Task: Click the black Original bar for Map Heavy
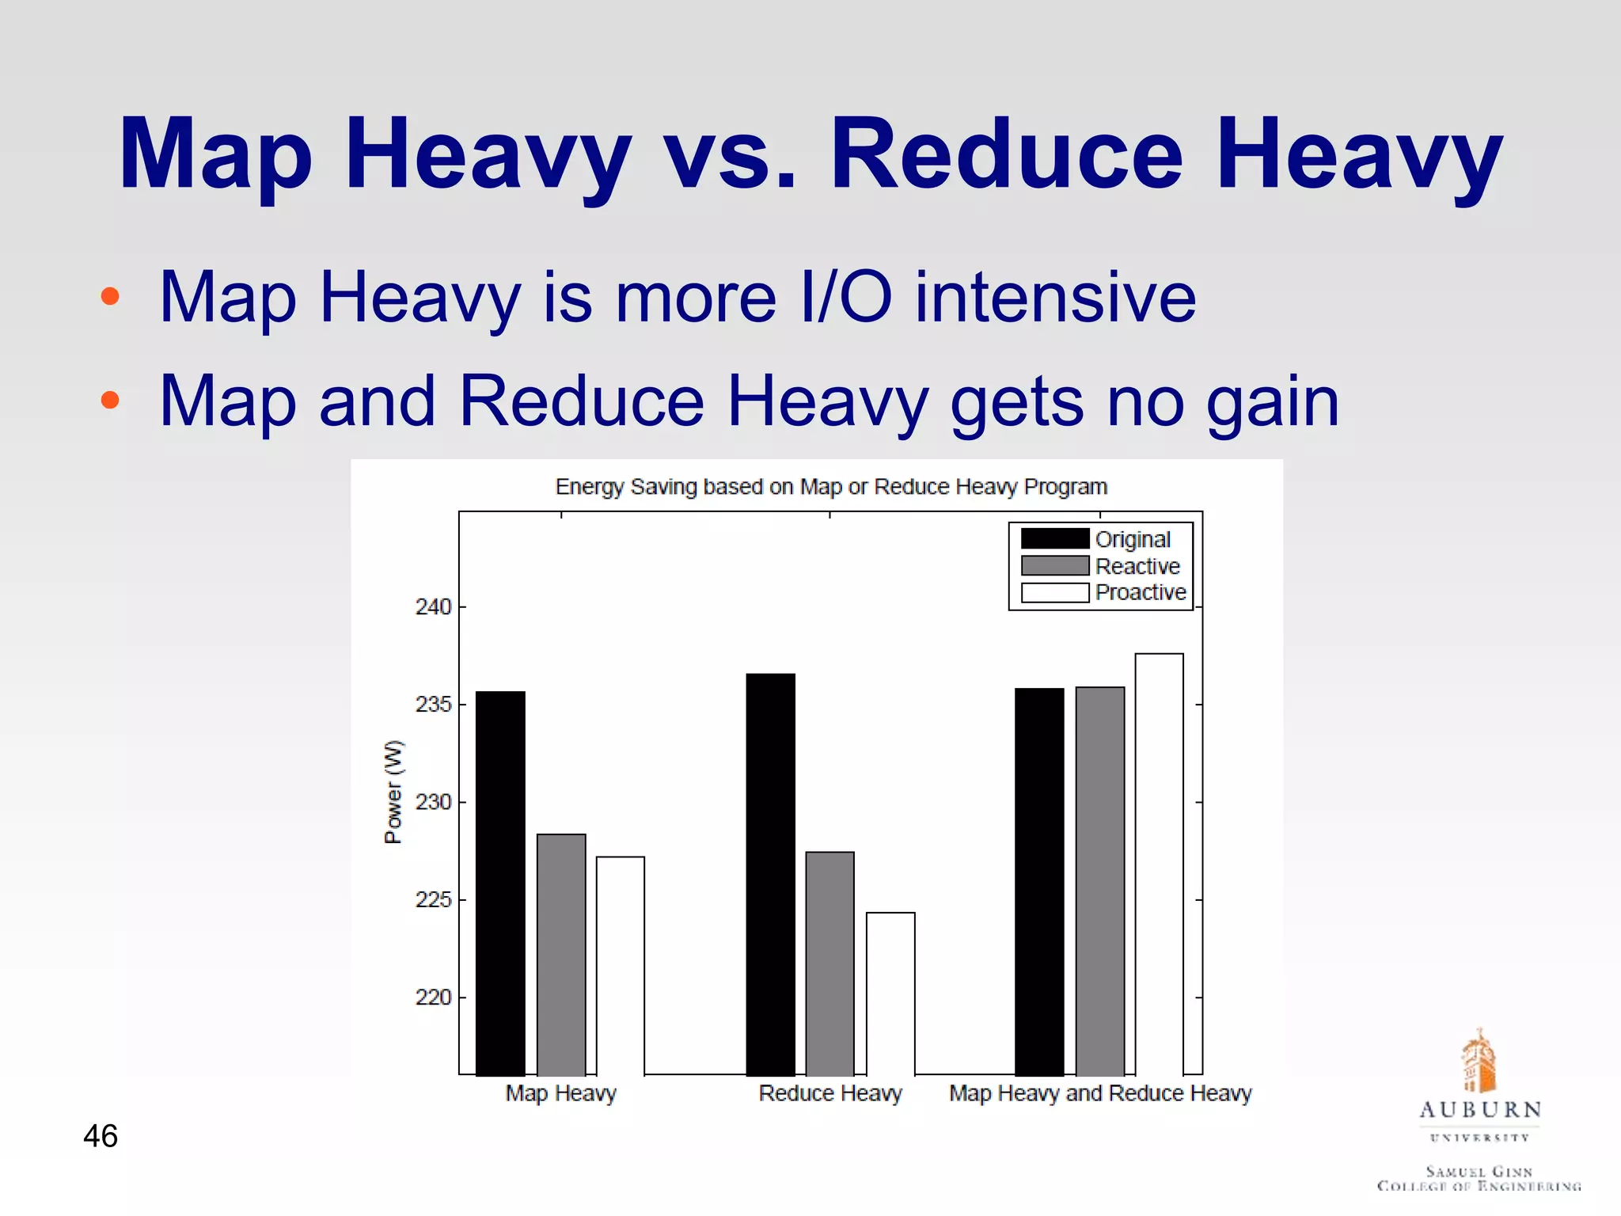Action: pyautogui.click(x=500, y=883)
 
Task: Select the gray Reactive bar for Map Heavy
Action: pyautogui.click(x=561, y=954)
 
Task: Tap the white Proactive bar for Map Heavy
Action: pyautogui.click(x=621, y=966)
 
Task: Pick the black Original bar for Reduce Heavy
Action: pyautogui.click(x=770, y=874)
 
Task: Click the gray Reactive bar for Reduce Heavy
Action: pyautogui.click(x=829, y=963)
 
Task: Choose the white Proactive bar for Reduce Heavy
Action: pyautogui.click(x=890, y=994)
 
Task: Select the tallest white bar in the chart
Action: pyautogui.click(x=1159, y=864)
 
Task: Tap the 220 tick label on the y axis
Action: pyautogui.click(x=433, y=997)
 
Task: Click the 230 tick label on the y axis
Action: pyautogui.click(x=433, y=802)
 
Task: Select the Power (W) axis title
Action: pyautogui.click(x=393, y=792)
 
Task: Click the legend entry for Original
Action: pyautogui.click(x=1132, y=539)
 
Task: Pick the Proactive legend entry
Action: pyautogui.click(x=1140, y=592)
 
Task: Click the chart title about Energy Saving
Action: pyautogui.click(x=831, y=486)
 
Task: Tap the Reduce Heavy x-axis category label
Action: pyautogui.click(x=830, y=1093)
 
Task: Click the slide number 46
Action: pyautogui.click(x=101, y=1136)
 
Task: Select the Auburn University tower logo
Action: pyautogui.click(x=1479, y=1061)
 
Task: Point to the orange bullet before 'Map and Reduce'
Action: pyautogui.click(x=110, y=400)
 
